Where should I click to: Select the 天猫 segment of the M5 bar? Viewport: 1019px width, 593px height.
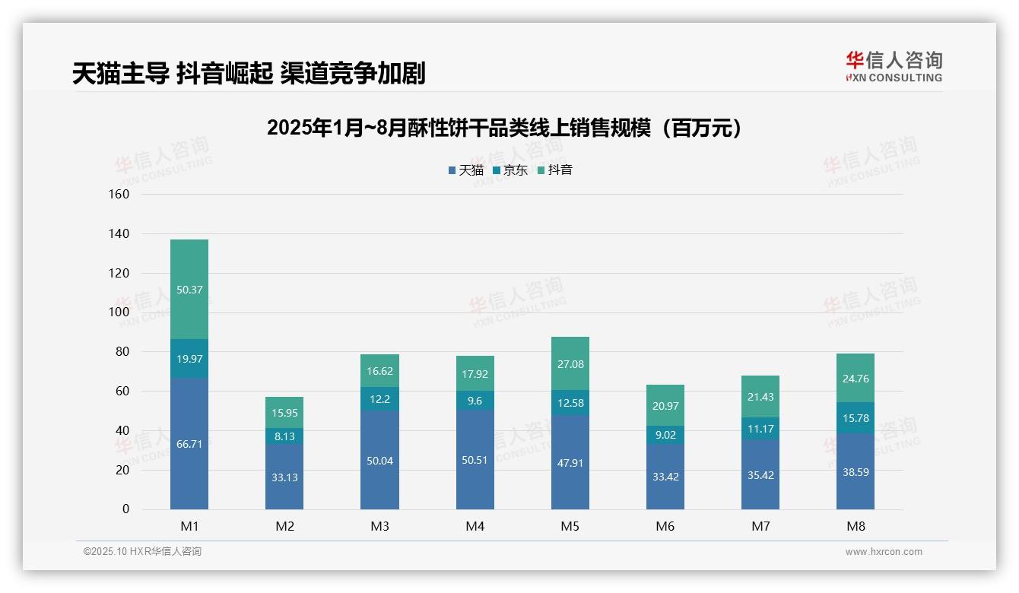[570, 462]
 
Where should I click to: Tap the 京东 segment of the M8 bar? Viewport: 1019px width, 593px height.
[855, 417]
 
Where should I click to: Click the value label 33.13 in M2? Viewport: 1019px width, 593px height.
[284, 477]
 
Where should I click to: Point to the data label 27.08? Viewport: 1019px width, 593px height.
[570, 364]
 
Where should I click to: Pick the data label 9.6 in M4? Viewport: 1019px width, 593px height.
[475, 401]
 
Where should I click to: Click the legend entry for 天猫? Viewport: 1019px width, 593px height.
[466, 170]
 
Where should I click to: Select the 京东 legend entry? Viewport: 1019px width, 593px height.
[510, 170]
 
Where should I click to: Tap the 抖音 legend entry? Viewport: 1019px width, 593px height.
[555, 170]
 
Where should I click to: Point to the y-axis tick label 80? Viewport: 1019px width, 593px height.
[122, 352]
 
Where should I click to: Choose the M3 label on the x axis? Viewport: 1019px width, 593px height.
[379, 526]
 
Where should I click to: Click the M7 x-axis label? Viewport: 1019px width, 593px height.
[760, 526]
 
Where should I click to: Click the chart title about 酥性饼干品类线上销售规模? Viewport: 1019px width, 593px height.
[504, 128]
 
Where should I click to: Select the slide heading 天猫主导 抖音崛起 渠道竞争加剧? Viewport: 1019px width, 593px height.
[249, 73]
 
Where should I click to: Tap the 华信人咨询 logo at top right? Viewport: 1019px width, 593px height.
[894, 66]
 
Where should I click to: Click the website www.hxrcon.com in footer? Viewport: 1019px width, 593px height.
[884, 552]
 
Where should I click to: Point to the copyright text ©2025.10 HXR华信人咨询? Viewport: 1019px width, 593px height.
[142, 552]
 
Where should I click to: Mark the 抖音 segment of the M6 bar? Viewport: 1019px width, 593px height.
[665, 405]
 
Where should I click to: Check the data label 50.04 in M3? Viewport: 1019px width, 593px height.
[379, 461]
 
